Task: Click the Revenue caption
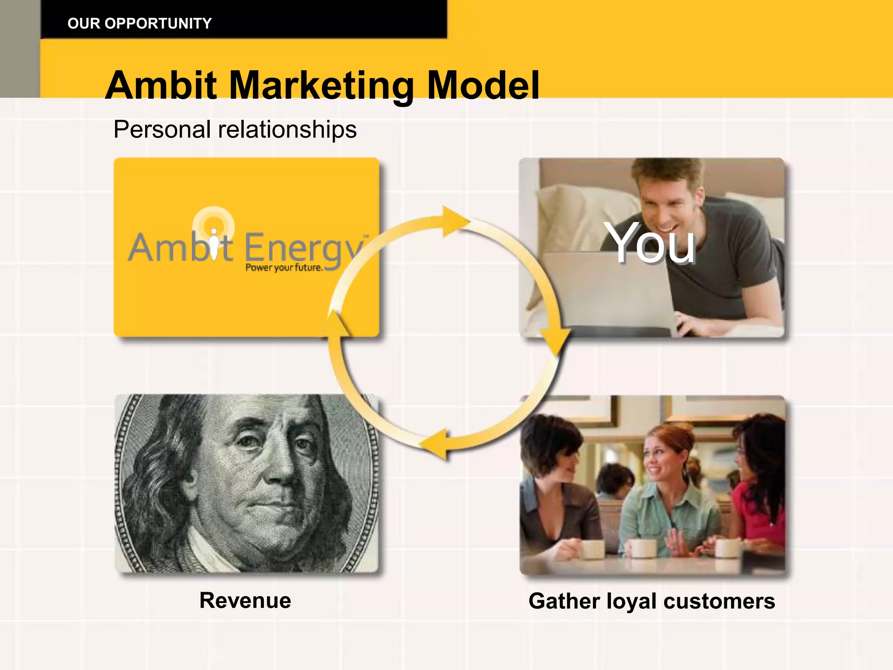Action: tap(245, 600)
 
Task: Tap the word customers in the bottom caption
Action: tap(719, 601)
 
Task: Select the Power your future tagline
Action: tap(284, 267)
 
